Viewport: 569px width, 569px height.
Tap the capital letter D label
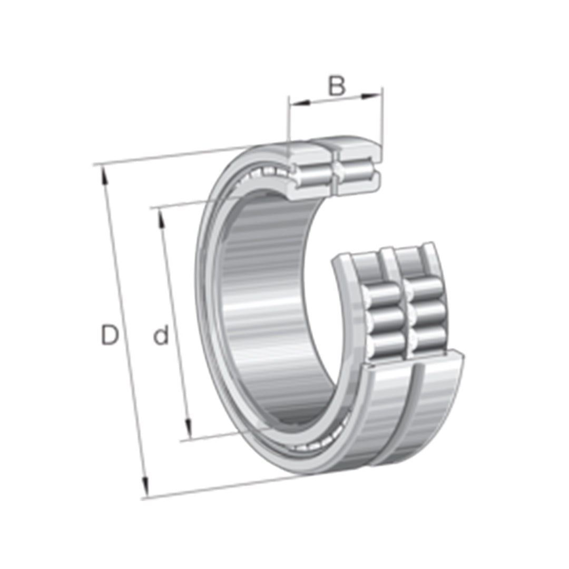click(110, 336)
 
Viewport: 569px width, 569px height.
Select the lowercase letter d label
click(162, 336)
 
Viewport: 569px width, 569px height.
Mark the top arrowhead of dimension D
click(105, 174)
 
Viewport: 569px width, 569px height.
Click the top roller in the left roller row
click(384, 293)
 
